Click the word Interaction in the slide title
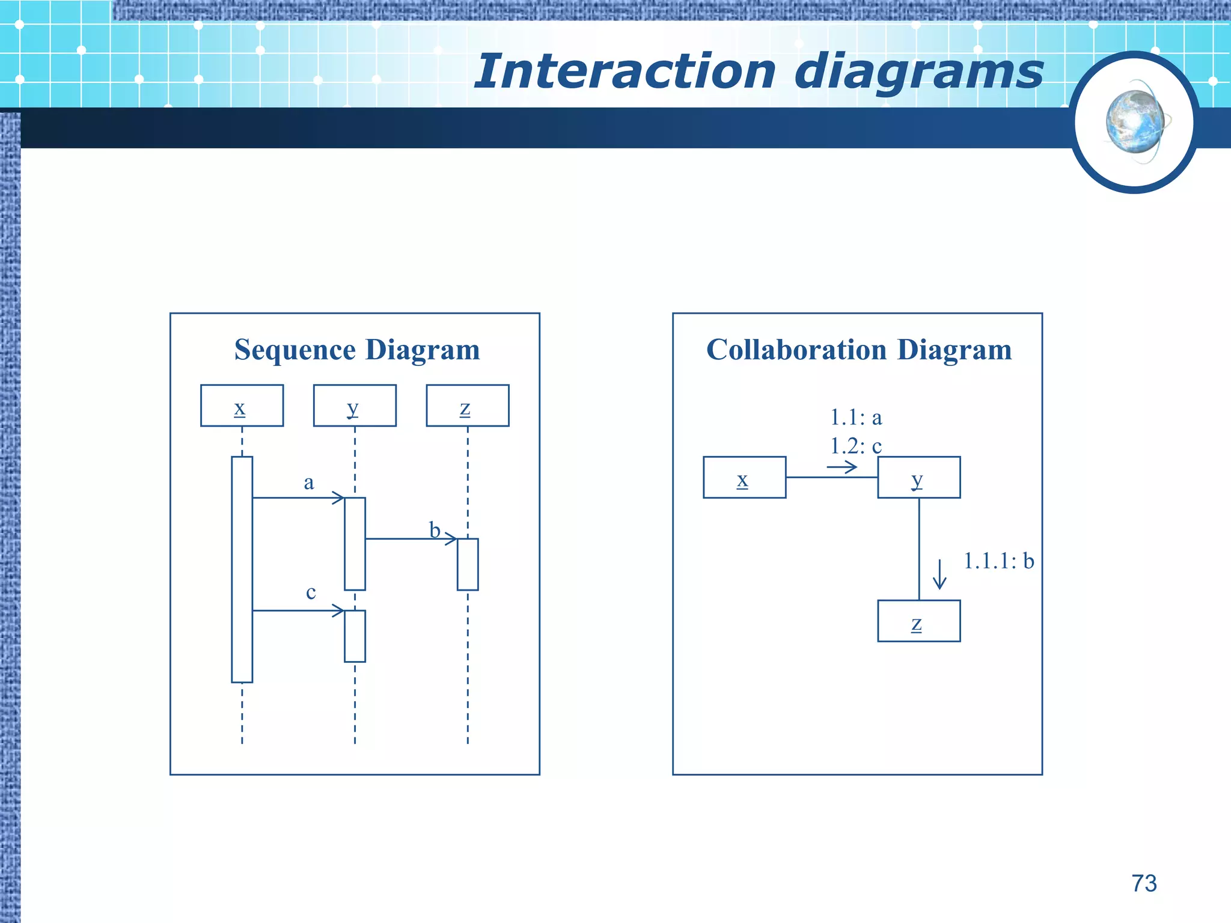click(625, 72)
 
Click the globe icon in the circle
click(1135, 122)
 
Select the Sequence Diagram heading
click(357, 350)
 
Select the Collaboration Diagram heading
click(859, 350)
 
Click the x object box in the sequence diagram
click(242, 406)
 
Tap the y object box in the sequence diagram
click(355, 406)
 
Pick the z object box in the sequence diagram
click(468, 406)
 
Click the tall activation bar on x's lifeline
click(242, 569)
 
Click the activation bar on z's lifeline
click(468, 564)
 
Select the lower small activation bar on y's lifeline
click(355, 636)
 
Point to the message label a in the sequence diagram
click(308, 482)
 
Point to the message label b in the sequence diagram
click(435, 530)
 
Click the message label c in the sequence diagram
click(310, 592)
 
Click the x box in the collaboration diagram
click(744, 477)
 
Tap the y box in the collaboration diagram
click(918, 477)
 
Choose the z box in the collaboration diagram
click(918, 621)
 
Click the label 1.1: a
click(856, 417)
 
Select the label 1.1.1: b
click(998, 561)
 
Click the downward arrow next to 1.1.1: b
click(939, 574)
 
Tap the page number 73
click(1144, 883)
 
